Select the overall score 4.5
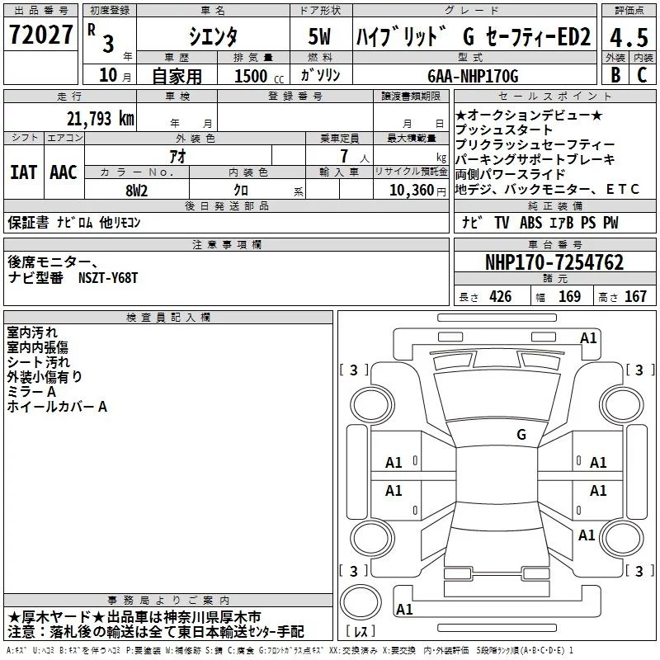click(x=629, y=37)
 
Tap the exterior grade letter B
click(x=615, y=74)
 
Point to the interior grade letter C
click(x=642, y=74)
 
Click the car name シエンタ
click(x=213, y=36)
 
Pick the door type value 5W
click(x=321, y=36)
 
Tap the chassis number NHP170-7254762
click(x=554, y=263)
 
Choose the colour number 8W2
click(x=137, y=190)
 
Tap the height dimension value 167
click(x=635, y=297)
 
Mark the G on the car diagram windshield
click(x=521, y=434)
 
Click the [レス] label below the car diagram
click(x=360, y=632)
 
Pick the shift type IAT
click(x=24, y=172)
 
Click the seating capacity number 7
click(x=341, y=156)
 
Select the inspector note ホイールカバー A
click(x=58, y=407)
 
